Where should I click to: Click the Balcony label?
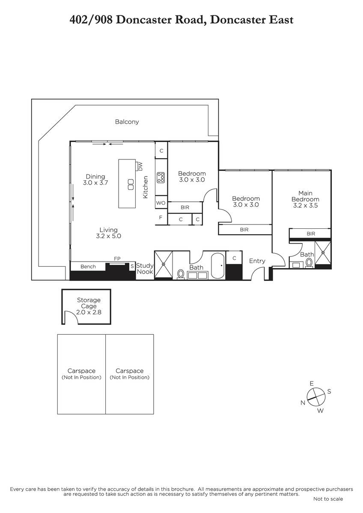[x=127, y=121]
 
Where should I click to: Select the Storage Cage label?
[x=89, y=303]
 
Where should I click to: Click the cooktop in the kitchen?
[x=161, y=177]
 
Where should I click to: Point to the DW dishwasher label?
[x=140, y=166]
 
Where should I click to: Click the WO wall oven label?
[x=161, y=203]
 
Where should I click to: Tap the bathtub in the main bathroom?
[x=217, y=265]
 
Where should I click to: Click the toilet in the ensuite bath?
[x=309, y=262]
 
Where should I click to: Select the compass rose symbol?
[x=316, y=397]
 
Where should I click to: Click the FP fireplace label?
[x=117, y=259]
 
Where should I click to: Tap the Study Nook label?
[x=145, y=268]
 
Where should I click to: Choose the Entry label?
[x=257, y=261]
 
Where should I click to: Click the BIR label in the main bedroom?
[x=311, y=233]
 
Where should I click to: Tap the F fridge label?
[x=161, y=217]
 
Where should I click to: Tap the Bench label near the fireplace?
[x=88, y=267]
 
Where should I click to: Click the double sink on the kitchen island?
[x=131, y=184]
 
